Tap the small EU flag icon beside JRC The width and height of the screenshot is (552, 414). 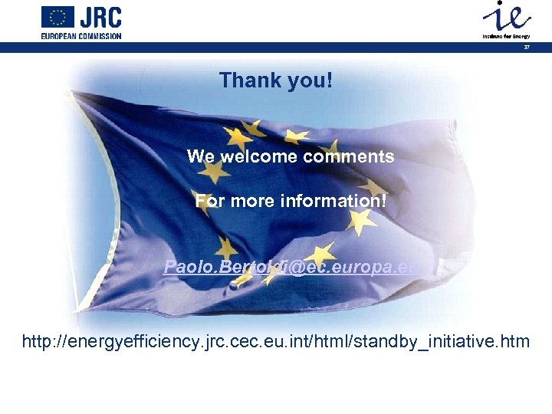pyautogui.click(x=58, y=17)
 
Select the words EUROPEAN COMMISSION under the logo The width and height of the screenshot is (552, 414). pyautogui.click(x=81, y=35)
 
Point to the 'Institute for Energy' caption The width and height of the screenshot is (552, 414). pyautogui.click(x=505, y=36)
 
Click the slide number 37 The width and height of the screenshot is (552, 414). pyautogui.click(x=527, y=47)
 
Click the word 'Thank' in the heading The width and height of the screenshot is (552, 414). pyautogui.click(x=248, y=80)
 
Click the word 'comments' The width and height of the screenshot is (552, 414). pyautogui.click(x=350, y=157)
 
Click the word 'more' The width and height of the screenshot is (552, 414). pyautogui.click(x=257, y=202)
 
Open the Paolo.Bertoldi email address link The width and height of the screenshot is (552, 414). pyautogui.click(x=292, y=267)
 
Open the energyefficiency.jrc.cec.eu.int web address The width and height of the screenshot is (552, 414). pyautogui.click(x=275, y=340)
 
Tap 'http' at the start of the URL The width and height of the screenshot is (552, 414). pyautogui.click(x=37, y=340)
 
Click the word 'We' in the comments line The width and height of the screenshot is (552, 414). pyautogui.click(x=201, y=157)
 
